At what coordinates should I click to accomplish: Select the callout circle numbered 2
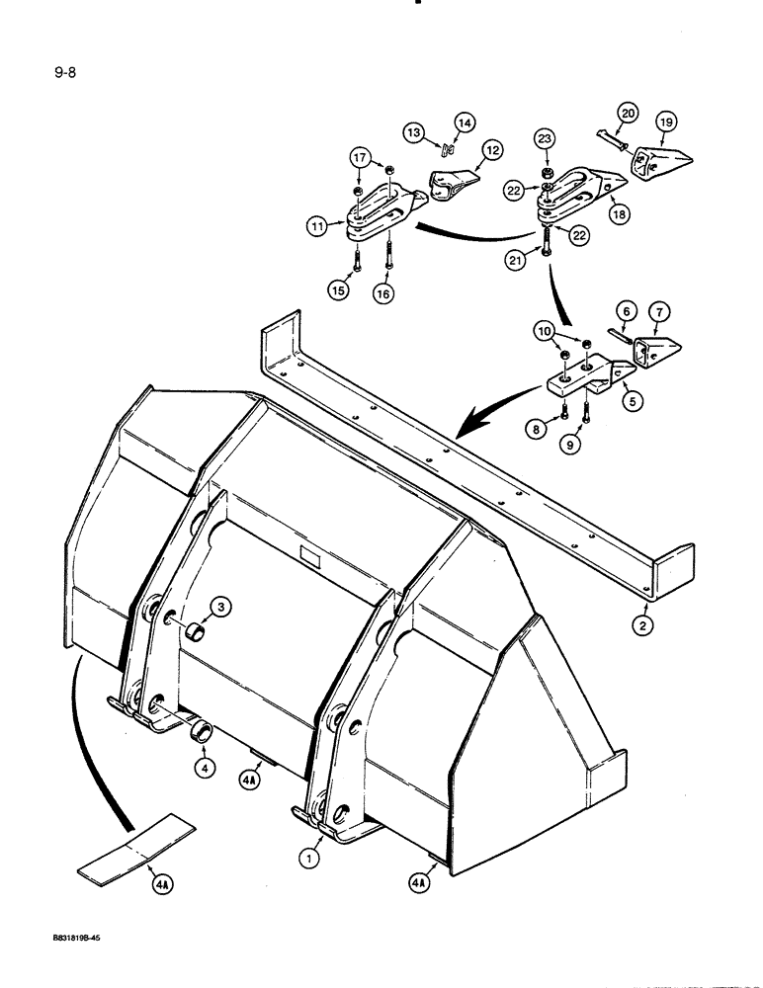pyautogui.click(x=643, y=623)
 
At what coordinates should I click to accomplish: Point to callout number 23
pyautogui.click(x=546, y=140)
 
